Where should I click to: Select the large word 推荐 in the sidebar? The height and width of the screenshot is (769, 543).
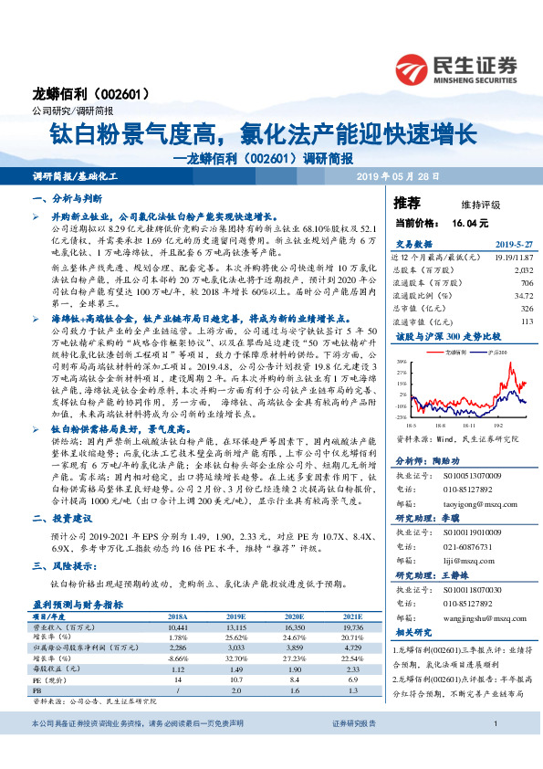coord(407,202)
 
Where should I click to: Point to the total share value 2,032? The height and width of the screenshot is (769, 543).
coord(521,270)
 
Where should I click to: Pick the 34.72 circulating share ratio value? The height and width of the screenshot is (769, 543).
coord(523,296)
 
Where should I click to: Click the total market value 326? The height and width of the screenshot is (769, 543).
coord(526,309)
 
